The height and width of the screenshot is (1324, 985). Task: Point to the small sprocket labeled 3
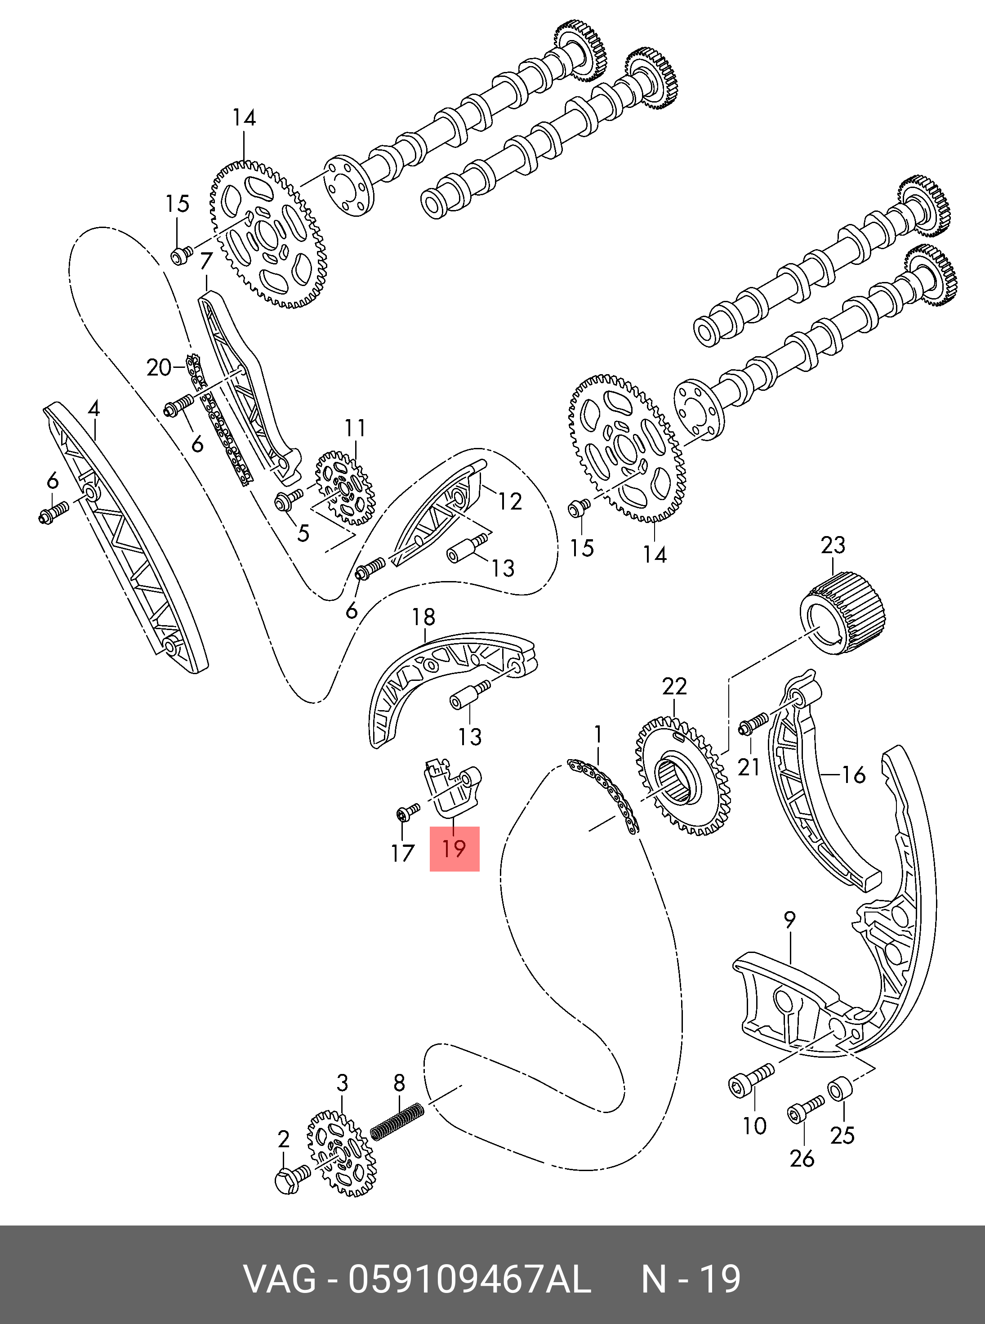[342, 1161]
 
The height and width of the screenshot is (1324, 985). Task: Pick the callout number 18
[423, 617]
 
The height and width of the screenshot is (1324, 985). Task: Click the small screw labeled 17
[407, 812]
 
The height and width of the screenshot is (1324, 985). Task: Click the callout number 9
[789, 920]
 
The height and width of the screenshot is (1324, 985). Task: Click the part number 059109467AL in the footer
[469, 1279]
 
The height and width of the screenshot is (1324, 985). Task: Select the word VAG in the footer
[280, 1279]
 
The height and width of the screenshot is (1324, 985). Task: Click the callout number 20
[159, 367]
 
